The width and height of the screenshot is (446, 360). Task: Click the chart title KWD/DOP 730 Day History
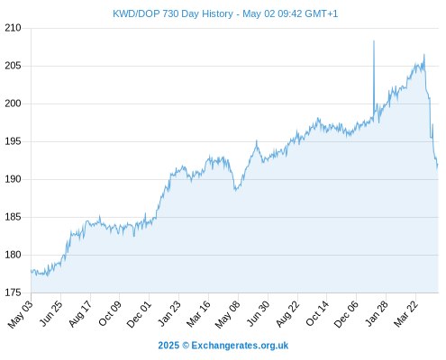[x=173, y=13]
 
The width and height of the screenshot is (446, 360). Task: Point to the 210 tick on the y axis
[x=13, y=28]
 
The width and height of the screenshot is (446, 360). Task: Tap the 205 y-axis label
[x=13, y=66]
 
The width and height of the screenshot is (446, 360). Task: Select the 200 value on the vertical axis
[x=13, y=103]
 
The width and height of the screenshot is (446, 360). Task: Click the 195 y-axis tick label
[x=13, y=141]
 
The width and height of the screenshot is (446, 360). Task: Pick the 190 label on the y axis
[x=13, y=179]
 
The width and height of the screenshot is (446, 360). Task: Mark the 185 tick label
[x=13, y=217]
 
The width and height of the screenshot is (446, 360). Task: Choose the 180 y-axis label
[x=13, y=255]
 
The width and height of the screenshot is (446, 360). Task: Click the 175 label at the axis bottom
[x=13, y=292]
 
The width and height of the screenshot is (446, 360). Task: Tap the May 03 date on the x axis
[x=21, y=314]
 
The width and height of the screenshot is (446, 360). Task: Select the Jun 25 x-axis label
[x=51, y=313]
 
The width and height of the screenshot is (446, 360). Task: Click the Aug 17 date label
[x=80, y=313]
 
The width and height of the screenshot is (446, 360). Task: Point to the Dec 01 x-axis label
[x=139, y=314]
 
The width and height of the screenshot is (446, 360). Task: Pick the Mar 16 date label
[x=198, y=314]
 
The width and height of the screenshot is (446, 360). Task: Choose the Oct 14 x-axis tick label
[x=317, y=313]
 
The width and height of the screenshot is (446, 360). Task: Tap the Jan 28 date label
[x=377, y=313]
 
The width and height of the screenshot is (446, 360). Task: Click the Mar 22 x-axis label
[x=405, y=314]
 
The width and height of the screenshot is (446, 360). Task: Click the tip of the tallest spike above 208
[x=374, y=40]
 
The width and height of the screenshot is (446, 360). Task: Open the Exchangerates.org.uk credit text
[x=223, y=346]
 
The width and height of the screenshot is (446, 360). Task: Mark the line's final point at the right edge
[x=438, y=165]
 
